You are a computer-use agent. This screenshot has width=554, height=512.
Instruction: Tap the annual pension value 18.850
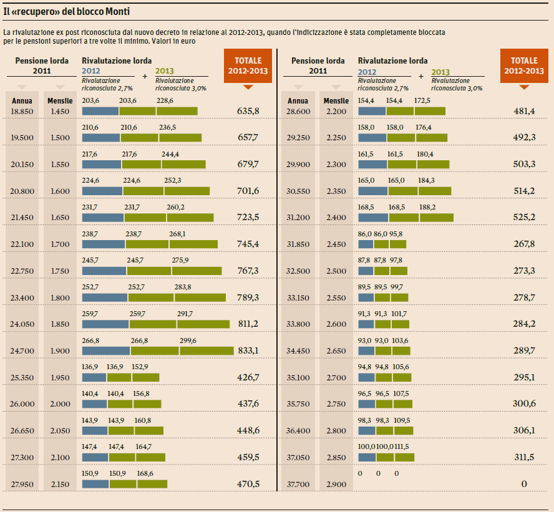pos(22,111)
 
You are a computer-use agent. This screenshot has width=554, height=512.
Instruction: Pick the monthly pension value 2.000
pos(60,404)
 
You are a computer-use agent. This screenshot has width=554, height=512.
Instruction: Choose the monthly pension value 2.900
pos(336,483)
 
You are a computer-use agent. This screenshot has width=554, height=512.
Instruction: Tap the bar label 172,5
pos(422,100)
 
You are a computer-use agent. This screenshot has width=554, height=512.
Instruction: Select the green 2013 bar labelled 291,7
pos(203,324)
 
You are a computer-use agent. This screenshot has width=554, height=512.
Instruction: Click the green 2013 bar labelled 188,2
pos(437,218)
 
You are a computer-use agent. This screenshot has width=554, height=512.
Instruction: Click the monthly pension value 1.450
pos(60,111)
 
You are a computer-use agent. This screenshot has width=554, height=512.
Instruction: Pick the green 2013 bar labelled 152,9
pos(146,377)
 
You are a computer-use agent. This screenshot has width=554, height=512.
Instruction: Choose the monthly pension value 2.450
pos(336,244)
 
